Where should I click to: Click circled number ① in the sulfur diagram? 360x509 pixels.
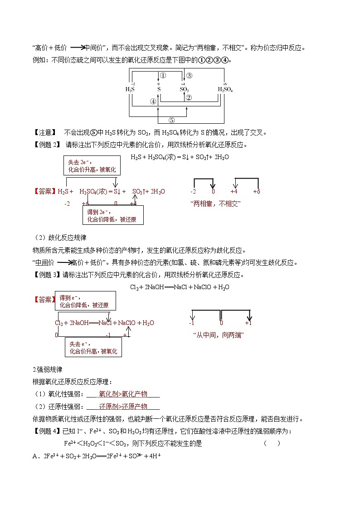tap(163, 76)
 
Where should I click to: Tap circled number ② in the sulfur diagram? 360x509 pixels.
tap(189, 97)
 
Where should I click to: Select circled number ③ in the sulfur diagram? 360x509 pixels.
tap(189, 76)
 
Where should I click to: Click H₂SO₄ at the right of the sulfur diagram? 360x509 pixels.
tap(225, 89)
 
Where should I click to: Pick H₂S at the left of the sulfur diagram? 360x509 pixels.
tap(130, 89)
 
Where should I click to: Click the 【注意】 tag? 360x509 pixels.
tap(44, 133)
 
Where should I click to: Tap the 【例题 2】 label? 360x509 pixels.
tap(47, 145)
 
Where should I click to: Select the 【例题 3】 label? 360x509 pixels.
tap(47, 275)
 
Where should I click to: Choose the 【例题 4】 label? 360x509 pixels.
tap(47, 431)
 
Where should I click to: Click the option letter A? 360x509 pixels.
tap(34, 456)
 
